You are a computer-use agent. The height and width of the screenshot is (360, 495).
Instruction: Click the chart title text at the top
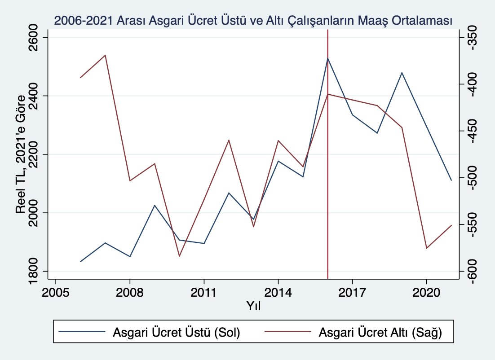[x=253, y=20]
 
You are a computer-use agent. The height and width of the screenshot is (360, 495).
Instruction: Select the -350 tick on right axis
[x=472, y=38]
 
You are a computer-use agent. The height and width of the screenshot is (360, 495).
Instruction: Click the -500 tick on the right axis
[x=472, y=178]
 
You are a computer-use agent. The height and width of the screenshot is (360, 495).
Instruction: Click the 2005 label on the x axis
[x=56, y=293]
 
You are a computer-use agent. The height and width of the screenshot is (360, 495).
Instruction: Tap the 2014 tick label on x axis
[x=278, y=293]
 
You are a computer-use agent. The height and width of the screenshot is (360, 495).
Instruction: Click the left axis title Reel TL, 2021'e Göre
[x=21, y=154]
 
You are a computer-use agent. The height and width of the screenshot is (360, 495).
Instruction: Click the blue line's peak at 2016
[x=328, y=58]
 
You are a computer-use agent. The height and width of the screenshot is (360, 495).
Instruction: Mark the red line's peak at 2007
[x=105, y=55]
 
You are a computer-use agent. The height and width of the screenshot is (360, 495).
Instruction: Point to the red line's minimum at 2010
[x=179, y=256]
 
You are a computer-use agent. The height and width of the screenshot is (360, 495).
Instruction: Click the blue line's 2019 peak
[x=402, y=72]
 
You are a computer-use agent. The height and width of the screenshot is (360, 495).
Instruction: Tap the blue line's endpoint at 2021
[x=451, y=180]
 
